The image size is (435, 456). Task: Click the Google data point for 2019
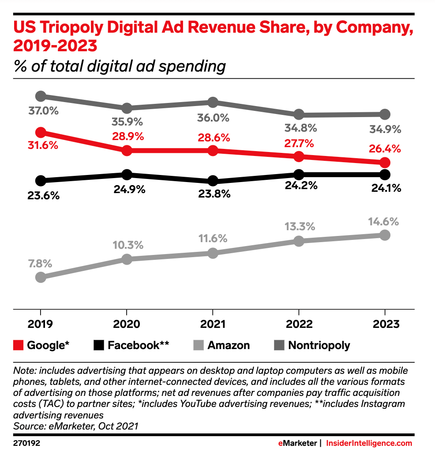[x=41, y=133]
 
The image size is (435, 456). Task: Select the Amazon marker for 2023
[x=385, y=235]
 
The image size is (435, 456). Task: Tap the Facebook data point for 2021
[x=213, y=181]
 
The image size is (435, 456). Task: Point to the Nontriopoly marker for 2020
[x=127, y=108]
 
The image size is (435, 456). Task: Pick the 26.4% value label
[x=385, y=149]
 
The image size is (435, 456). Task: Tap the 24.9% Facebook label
[x=127, y=190]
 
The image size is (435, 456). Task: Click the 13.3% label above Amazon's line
[x=299, y=227]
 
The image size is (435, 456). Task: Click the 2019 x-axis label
[x=41, y=324]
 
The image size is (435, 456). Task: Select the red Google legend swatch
[x=19, y=345]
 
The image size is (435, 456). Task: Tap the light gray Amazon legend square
[x=199, y=345]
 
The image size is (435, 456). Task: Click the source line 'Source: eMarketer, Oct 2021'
[x=75, y=426]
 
